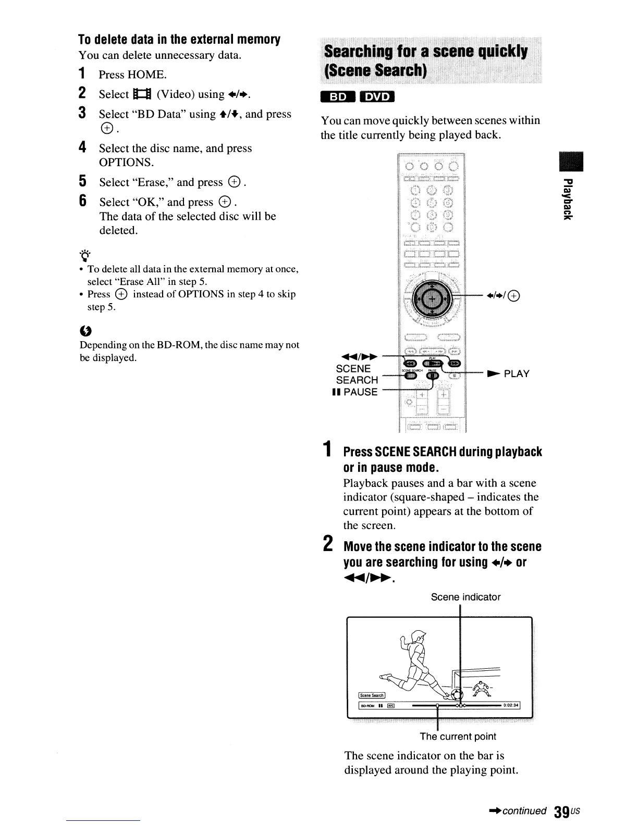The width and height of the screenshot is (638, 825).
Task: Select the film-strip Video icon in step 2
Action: (x=142, y=94)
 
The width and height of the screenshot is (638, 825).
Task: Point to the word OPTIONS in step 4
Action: (x=126, y=162)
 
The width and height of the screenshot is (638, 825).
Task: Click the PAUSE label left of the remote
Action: (x=360, y=392)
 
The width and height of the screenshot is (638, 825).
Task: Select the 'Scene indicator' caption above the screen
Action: (x=465, y=597)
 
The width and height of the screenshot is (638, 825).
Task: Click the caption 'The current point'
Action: (x=458, y=736)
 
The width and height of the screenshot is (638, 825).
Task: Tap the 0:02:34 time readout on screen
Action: (x=511, y=706)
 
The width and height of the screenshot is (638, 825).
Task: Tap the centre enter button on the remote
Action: (x=432, y=298)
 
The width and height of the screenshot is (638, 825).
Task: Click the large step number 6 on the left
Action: (x=82, y=201)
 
